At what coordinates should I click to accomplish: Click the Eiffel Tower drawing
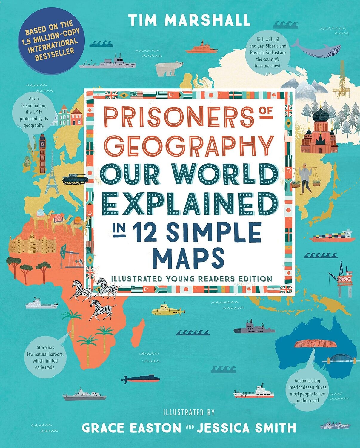[x=51, y=176]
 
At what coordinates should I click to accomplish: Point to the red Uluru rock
[x=315, y=344]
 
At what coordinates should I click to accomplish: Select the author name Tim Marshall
[x=189, y=20]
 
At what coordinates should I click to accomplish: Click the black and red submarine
[x=140, y=379]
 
